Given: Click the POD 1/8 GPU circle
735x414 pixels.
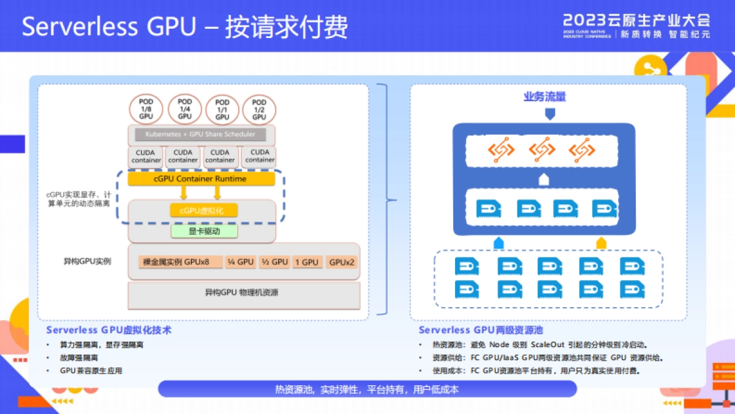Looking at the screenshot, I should tap(146, 109).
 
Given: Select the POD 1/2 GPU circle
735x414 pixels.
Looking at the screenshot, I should tap(259, 109).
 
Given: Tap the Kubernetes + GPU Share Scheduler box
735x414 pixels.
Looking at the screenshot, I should tap(201, 134).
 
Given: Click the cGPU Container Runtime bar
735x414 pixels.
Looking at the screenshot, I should tap(201, 178).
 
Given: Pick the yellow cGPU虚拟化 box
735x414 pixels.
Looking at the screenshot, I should tap(203, 210).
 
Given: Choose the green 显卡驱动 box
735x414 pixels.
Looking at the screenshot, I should tap(204, 231).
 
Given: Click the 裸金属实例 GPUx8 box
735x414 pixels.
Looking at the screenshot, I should tap(179, 262).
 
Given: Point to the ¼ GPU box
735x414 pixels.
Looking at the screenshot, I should tap(240, 262).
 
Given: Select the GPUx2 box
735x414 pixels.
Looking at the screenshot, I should tap(341, 262).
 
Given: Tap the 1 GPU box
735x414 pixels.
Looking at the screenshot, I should tap(306, 262).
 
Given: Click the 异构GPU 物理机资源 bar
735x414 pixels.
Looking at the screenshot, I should tap(243, 293).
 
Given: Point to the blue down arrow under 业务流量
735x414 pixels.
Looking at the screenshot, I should tap(549, 113).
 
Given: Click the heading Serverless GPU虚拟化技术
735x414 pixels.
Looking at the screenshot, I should tap(108, 330).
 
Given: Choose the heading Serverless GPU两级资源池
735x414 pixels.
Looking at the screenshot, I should tap(481, 330).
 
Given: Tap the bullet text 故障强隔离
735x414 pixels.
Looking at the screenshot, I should tap(79, 358).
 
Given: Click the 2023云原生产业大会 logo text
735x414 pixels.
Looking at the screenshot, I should tap(636, 20).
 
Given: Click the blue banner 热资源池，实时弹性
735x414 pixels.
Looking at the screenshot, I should tap(367, 389).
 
